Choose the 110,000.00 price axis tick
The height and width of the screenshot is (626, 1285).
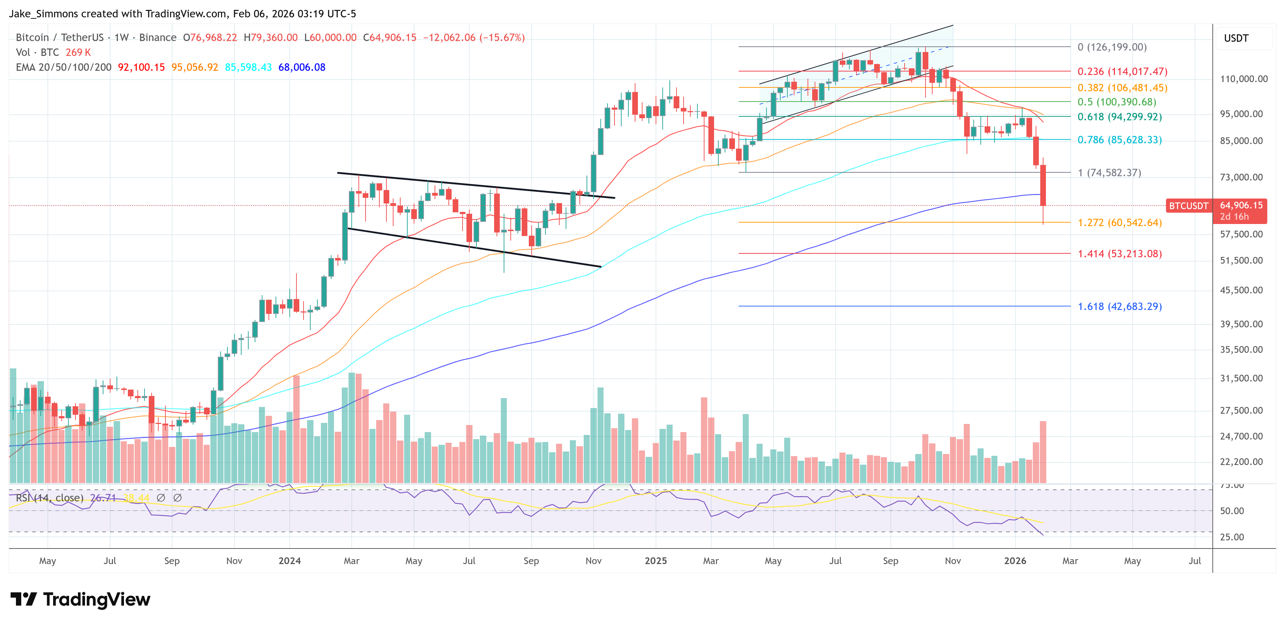[1244, 79]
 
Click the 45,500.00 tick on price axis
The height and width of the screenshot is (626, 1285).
[1241, 290]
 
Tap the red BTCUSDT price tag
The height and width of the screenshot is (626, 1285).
[1188, 206]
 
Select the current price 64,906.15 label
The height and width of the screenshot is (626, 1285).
[1241, 205]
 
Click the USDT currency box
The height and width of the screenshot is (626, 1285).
[1236, 38]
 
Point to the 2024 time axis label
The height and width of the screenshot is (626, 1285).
[289, 561]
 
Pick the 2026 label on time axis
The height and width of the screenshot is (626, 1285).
[1015, 561]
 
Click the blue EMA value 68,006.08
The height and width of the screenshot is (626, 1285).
[301, 67]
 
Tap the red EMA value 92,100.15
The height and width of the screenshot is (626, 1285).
[141, 67]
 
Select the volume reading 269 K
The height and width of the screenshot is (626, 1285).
[78, 52]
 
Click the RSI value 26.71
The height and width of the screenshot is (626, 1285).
[103, 498]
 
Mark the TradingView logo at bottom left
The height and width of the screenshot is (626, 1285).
[80, 599]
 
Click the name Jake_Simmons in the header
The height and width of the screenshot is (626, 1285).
[44, 14]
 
